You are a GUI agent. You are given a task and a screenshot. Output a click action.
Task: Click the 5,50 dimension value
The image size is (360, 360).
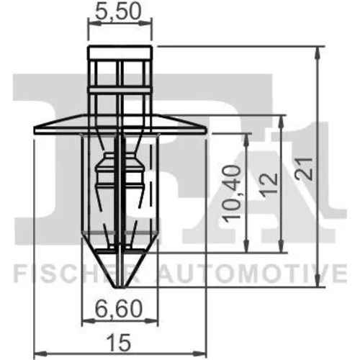117,12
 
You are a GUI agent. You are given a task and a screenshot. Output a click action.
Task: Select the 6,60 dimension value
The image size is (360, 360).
120,309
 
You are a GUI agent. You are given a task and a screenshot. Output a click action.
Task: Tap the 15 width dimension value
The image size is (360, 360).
119,343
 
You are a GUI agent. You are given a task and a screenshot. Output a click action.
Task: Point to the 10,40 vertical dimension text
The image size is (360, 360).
232,192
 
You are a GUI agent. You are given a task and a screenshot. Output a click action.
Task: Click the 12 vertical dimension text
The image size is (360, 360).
270,183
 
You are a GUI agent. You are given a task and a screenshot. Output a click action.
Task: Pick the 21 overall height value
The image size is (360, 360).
304,168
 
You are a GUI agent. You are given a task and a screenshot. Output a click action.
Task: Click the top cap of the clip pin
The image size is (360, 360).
120,53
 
